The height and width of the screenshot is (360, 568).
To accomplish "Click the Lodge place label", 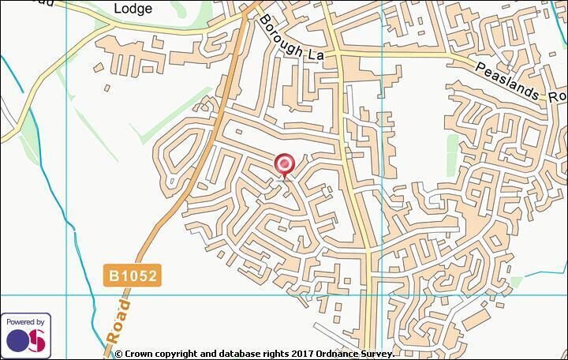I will [132, 9].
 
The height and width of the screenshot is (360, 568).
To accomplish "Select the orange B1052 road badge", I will [134, 276].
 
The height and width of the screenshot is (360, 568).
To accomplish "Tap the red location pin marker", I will [285, 165].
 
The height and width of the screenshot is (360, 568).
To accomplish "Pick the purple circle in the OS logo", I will [19, 340].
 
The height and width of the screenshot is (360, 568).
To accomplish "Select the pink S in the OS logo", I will [37, 340].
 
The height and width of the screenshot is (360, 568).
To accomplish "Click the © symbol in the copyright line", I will [119, 354].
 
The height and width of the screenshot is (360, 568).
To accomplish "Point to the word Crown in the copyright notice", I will [141, 354].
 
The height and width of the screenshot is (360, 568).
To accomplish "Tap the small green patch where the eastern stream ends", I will [516, 282].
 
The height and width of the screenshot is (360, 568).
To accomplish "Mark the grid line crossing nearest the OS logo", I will [66, 296].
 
